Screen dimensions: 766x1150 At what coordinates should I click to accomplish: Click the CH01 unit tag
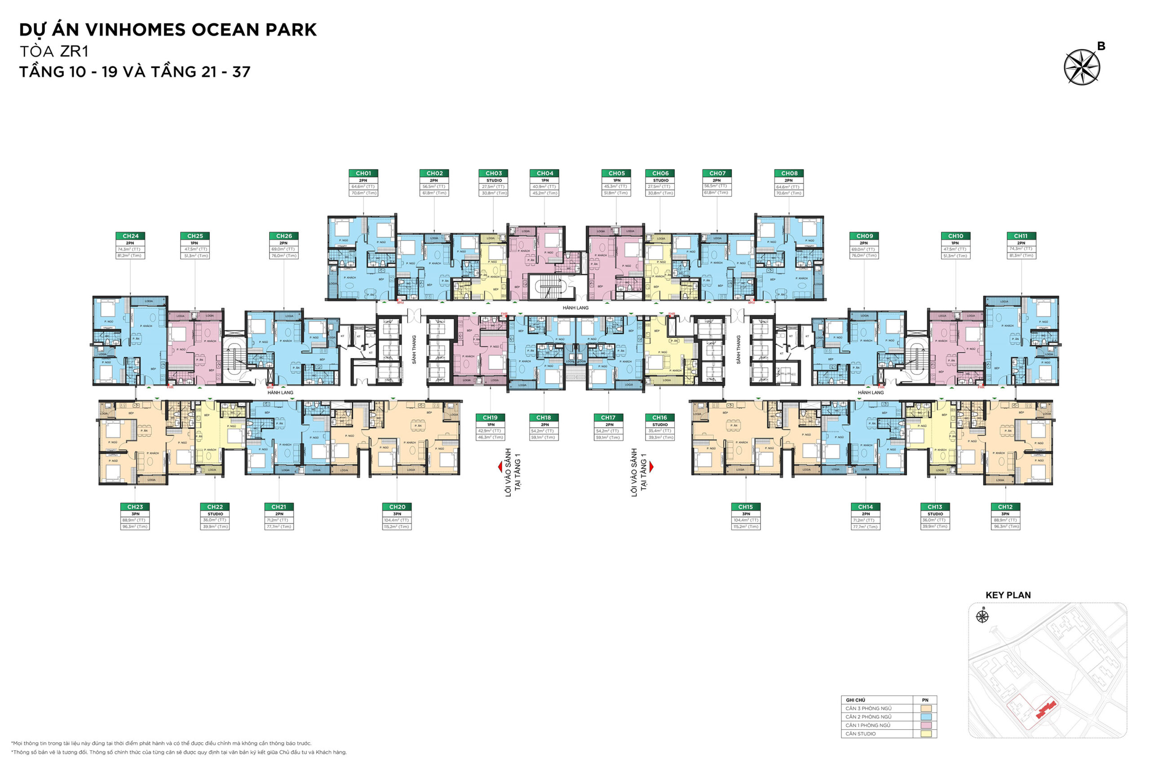pyautogui.click(x=363, y=173)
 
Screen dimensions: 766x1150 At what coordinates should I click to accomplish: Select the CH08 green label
pyautogui.click(x=789, y=173)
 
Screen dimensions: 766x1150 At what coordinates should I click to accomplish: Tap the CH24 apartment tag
pyautogui.click(x=131, y=236)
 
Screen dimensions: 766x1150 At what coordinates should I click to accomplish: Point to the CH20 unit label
pyautogui.click(x=397, y=507)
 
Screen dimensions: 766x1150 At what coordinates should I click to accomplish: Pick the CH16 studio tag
pyautogui.click(x=659, y=418)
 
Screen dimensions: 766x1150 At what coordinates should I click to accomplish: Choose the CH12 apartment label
pyautogui.click(x=1005, y=507)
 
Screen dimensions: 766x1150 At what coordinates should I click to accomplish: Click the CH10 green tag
pyautogui.click(x=955, y=236)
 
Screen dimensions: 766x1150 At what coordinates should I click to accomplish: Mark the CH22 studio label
pyautogui.click(x=215, y=507)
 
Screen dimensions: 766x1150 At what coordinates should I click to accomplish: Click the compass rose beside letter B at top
pyautogui.click(x=1082, y=67)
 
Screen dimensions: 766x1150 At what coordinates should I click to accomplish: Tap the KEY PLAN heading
pyautogui.click(x=1008, y=595)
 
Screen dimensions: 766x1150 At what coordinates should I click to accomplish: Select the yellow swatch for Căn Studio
pyautogui.click(x=926, y=734)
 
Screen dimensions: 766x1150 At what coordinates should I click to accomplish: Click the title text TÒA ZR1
pyautogui.click(x=54, y=51)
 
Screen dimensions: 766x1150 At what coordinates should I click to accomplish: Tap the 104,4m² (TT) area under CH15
pyautogui.click(x=746, y=520)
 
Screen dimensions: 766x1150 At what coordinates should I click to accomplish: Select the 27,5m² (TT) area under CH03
pyautogui.click(x=493, y=187)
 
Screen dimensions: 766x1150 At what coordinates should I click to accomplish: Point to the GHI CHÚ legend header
pyautogui.click(x=856, y=700)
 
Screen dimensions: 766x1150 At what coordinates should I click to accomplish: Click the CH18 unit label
pyautogui.click(x=544, y=418)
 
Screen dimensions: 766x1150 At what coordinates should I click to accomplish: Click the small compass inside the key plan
pyautogui.click(x=982, y=617)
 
